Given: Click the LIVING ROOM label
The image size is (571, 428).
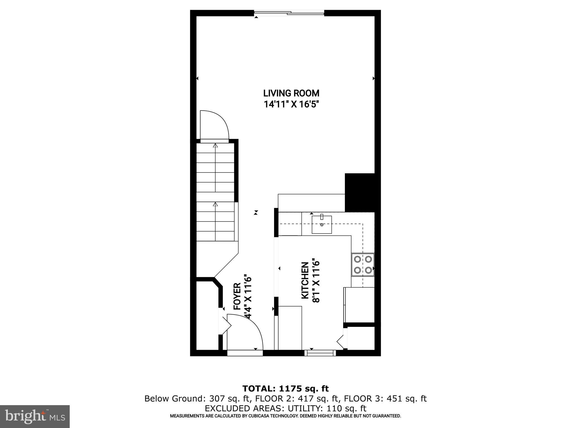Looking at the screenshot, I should [291, 93].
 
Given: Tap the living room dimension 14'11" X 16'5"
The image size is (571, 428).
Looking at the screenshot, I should [291, 104].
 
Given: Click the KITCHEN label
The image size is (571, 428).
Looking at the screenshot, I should [305, 280].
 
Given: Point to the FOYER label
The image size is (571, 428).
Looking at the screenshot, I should [237, 296].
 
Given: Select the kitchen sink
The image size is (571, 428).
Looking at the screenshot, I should [321, 224].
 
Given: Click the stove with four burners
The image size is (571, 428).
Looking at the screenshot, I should [362, 265].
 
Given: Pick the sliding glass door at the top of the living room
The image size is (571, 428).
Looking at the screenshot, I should [289, 13].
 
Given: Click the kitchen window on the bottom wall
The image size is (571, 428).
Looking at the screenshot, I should [320, 353].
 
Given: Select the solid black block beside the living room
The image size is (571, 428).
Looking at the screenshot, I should [359, 193].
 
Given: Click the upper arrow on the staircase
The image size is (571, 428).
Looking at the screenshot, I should [215, 145].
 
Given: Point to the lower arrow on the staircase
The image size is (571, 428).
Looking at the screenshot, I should [215, 204].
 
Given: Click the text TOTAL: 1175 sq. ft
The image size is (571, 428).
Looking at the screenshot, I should [285, 388].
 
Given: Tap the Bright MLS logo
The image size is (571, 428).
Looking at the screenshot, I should [35, 416].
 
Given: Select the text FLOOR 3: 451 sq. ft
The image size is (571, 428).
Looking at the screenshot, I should [385, 399].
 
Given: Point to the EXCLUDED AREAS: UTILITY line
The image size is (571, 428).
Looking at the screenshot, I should [285, 408].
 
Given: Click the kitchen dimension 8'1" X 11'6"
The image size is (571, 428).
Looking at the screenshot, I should [316, 280].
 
